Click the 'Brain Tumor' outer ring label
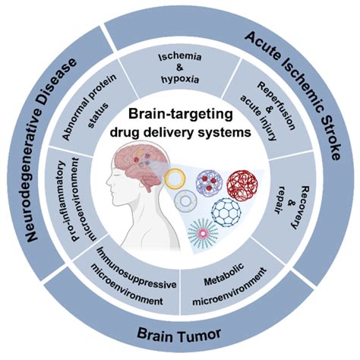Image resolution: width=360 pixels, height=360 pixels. coord(178,334)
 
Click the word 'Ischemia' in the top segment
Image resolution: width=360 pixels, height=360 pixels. coord(180,57)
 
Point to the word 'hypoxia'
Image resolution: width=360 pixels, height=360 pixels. coord(180,80)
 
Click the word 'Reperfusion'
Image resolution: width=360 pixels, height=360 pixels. coord(276,106)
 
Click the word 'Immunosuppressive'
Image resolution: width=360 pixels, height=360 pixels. coord(137,269)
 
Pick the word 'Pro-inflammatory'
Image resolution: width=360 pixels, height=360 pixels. coord(62,200)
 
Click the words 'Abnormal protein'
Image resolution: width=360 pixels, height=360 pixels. coord(90,107)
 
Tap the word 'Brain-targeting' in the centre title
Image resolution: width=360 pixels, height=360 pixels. coord(180,115)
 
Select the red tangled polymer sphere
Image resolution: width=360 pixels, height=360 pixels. coord(242,185)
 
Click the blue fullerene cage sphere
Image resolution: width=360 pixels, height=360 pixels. coord(226,213)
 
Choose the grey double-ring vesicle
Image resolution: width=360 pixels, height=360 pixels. coord(186,201)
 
